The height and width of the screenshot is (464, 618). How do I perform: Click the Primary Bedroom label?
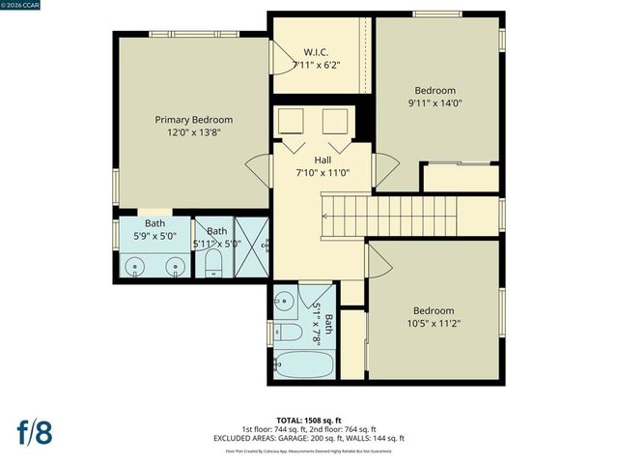point(194,120)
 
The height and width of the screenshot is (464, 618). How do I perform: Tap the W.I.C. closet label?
point(317,51)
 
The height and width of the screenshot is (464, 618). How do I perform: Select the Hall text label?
point(323,159)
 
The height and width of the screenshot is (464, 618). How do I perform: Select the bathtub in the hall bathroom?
point(303,366)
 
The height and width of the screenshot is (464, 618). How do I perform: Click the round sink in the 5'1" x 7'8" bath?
point(285,303)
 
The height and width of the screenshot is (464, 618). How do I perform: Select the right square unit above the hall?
point(335,123)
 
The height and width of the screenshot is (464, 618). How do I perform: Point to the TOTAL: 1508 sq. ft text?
point(309,420)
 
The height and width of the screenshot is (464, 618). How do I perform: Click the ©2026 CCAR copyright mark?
point(21,6)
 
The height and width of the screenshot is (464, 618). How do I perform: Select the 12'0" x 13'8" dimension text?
point(194,133)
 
